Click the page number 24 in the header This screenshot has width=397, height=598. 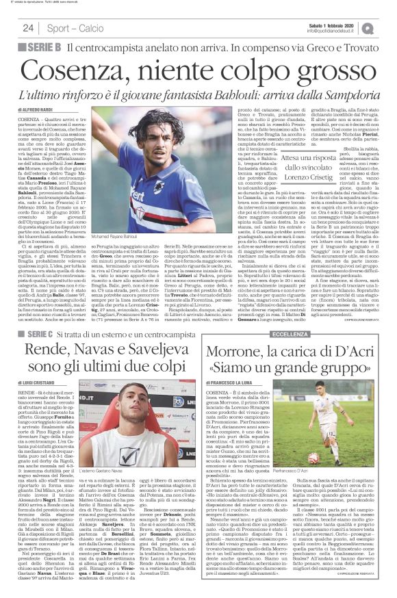[28, 27]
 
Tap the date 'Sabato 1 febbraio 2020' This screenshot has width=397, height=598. [333, 24]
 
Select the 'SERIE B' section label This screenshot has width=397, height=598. [47, 47]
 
